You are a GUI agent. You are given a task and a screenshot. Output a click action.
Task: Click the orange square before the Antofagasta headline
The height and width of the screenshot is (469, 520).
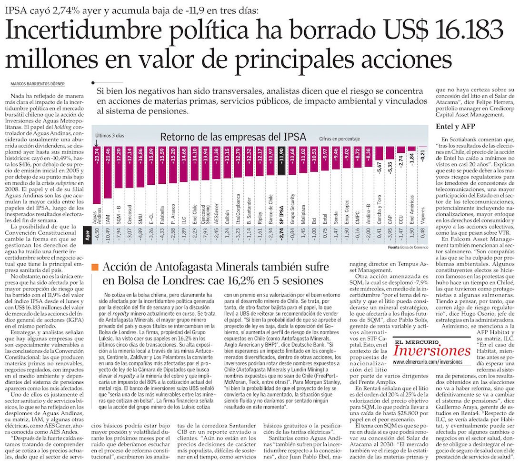pos(95,267)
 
